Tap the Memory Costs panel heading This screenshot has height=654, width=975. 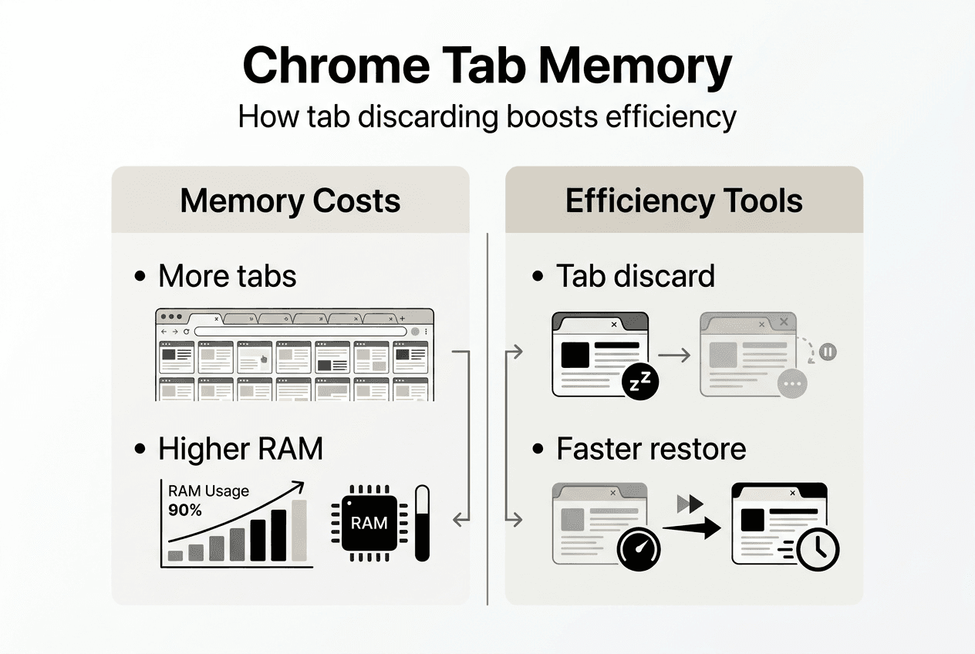click(290, 201)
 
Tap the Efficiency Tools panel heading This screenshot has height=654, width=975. click(683, 201)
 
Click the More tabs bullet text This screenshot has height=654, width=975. click(227, 276)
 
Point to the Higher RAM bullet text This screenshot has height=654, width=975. click(240, 449)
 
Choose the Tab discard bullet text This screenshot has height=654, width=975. click(635, 276)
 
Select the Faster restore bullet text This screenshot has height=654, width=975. click(650, 449)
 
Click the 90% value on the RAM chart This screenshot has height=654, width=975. click(185, 510)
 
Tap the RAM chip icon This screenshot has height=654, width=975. click(369, 523)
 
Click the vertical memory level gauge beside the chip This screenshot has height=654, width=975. click(422, 523)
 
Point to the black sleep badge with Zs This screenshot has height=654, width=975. click(640, 380)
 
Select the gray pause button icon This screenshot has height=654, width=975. click(826, 352)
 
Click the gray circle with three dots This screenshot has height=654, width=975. click(793, 383)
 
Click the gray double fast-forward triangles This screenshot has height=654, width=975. click(690, 504)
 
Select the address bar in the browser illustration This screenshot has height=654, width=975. click(300, 331)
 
